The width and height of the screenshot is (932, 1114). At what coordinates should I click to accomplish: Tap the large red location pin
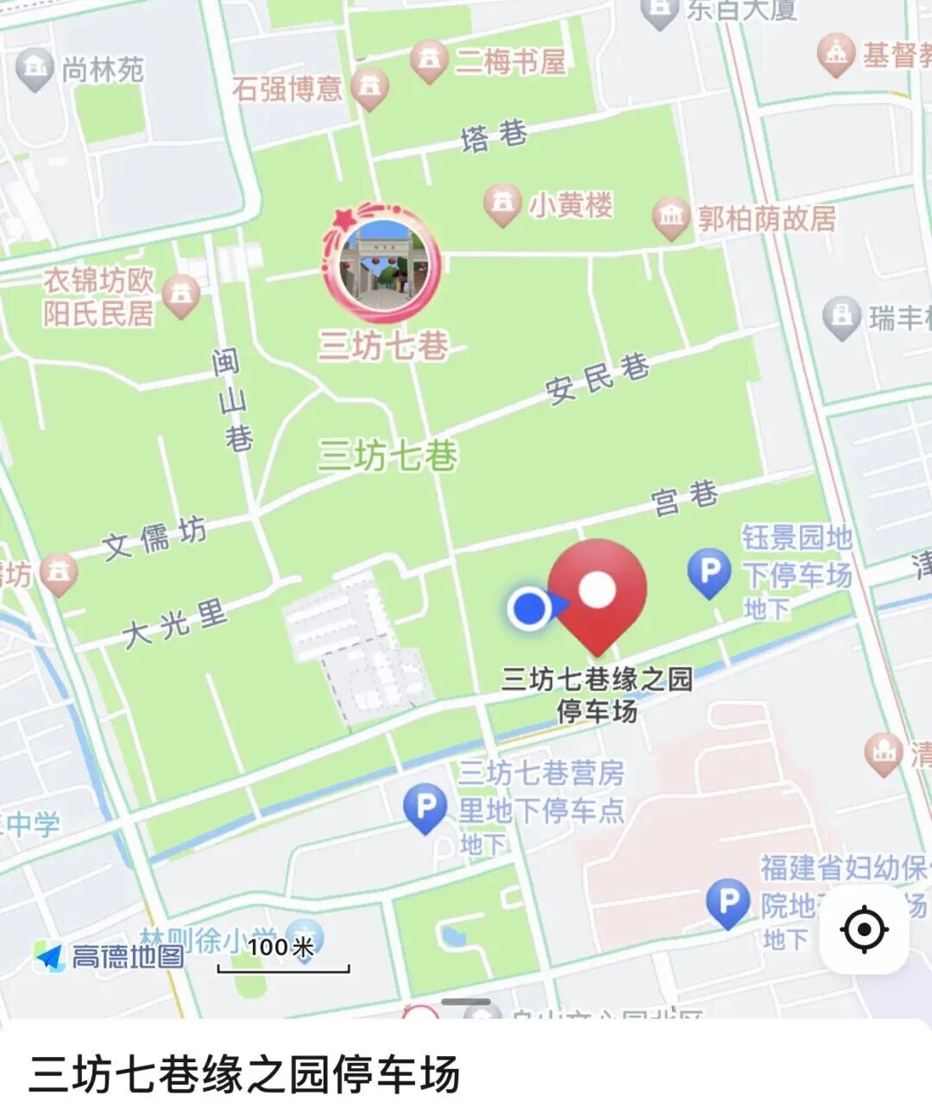597,592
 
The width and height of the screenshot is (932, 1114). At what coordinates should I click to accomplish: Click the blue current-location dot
530,607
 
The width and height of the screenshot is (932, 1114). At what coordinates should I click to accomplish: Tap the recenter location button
864,930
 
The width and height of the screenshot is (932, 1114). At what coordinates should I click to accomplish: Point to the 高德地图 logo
110,956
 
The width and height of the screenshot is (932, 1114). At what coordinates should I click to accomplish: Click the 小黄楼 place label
570,205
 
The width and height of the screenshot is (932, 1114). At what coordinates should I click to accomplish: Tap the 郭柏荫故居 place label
766,218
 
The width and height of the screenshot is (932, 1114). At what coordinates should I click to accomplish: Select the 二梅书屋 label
510,61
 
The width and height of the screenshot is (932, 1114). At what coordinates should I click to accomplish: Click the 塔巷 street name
494,135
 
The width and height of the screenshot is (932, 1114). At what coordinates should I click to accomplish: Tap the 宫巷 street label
684,498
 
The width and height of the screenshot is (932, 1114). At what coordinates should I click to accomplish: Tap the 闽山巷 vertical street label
232,400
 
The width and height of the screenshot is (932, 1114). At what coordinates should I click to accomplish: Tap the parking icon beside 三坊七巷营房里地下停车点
425,809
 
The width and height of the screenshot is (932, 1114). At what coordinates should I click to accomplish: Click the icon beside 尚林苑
35,68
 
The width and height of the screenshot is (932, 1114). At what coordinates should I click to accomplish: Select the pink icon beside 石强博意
370,87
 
